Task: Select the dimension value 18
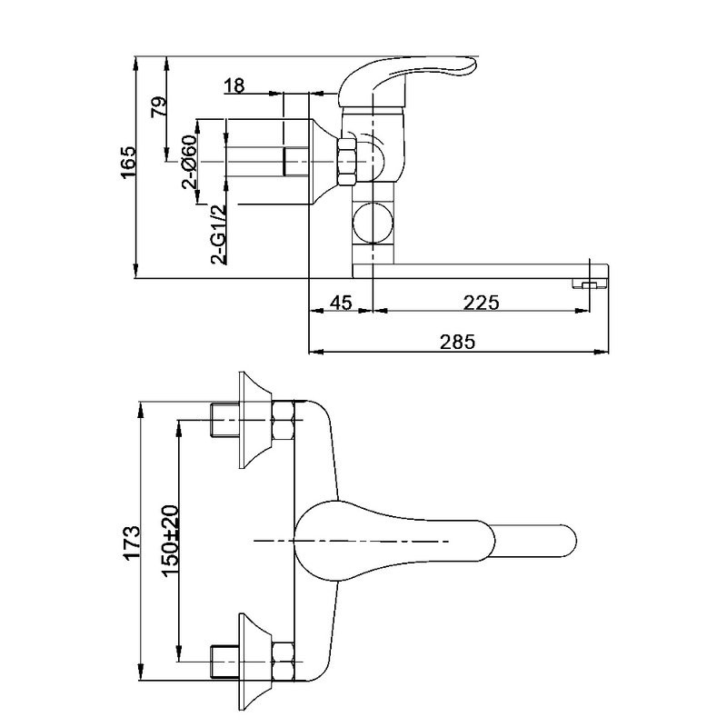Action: click(234, 86)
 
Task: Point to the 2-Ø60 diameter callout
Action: click(190, 162)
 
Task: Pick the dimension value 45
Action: click(340, 303)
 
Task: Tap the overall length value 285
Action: click(458, 343)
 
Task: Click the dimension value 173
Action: click(132, 541)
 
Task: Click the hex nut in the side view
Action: click(347, 162)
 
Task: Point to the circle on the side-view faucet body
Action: click(372, 222)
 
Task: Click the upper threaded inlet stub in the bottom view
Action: click(223, 419)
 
